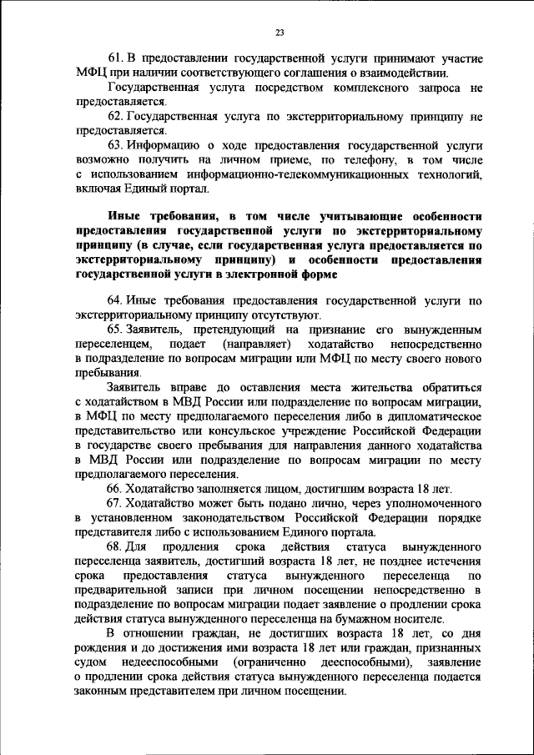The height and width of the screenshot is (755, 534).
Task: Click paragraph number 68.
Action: [x=117, y=546]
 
